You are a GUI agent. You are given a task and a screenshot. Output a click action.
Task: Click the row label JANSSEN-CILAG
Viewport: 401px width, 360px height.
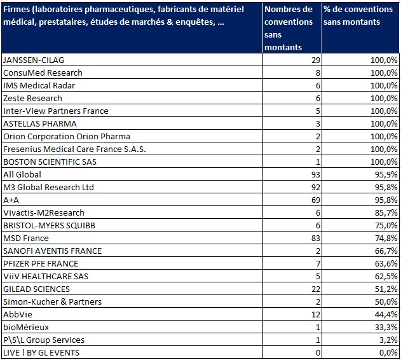click(x=34, y=60)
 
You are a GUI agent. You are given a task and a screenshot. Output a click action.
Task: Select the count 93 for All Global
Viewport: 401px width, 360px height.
click(x=316, y=175)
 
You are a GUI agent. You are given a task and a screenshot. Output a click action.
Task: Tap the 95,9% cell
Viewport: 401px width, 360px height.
click(x=386, y=175)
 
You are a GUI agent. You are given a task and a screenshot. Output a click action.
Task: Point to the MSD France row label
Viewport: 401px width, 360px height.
click(x=26, y=239)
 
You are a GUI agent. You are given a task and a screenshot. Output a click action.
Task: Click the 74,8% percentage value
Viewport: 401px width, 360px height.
click(x=386, y=239)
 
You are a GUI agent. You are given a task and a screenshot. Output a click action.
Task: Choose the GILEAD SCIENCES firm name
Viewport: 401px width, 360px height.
click(x=36, y=289)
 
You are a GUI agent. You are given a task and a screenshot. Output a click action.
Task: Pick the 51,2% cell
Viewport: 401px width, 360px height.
click(x=386, y=289)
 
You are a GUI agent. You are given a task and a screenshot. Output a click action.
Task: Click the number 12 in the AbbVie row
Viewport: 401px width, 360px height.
click(x=316, y=315)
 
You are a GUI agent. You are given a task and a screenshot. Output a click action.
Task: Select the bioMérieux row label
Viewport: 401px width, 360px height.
click(x=26, y=328)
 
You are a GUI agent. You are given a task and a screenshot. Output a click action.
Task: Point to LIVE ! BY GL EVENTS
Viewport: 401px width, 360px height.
click(x=41, y=353)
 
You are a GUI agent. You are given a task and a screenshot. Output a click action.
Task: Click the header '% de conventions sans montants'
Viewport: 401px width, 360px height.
click(x=358, y=16)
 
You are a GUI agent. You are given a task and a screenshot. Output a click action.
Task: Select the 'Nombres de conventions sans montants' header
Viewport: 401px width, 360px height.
click(x=289, y=28)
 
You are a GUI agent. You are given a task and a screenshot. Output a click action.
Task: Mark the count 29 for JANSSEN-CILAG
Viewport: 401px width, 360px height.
click(x=316, y=60)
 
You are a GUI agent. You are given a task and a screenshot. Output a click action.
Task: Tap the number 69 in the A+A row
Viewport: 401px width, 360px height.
click(x=316, y=200)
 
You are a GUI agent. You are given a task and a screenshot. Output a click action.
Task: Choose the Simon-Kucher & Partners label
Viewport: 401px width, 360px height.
click(x=52, y=302)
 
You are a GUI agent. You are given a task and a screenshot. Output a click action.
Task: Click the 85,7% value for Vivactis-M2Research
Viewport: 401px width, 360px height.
click(x=386, y=213)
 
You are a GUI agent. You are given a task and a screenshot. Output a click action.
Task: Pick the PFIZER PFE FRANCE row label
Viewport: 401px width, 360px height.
click(x=41, y=264)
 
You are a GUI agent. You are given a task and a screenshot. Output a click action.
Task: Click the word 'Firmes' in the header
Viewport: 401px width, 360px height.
click(x=17, y=10)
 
